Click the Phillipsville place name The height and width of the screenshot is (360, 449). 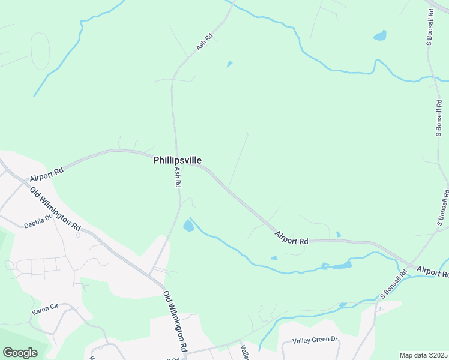[177, 160]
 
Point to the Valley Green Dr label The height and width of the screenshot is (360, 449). [315, 340]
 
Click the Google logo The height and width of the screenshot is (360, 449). [20, 353]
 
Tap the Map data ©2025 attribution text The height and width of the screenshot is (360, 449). [423, 355]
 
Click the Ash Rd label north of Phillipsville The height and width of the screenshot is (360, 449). [204, 41]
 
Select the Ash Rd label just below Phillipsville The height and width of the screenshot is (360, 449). [178, 178]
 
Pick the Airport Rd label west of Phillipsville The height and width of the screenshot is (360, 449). [46, 175]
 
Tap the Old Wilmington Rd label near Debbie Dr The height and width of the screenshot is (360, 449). [55, 209]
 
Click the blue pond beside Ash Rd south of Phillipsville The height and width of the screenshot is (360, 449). [188, 226]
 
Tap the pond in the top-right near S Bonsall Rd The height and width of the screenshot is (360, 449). [380, 35]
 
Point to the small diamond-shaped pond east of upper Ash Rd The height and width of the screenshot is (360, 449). [229, 64]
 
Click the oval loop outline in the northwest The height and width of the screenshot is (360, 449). [40, 51]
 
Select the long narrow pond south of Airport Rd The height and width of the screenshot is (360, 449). [340, 266]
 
